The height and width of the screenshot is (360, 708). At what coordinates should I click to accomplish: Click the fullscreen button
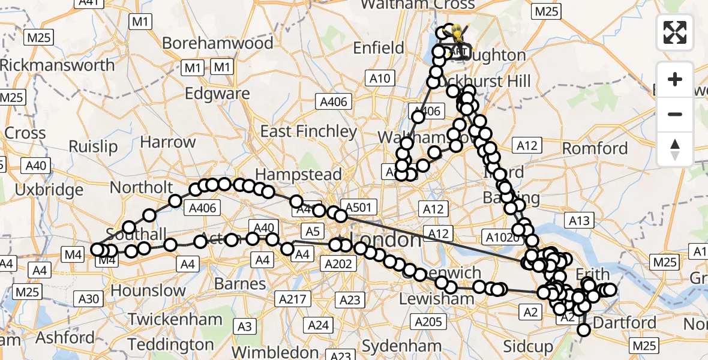(675, 32)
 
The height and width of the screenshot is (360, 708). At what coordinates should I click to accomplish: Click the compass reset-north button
(675, 149)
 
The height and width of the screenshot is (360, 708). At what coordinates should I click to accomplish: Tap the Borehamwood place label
(218, 43)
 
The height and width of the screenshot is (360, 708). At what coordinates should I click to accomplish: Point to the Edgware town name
(217, 94)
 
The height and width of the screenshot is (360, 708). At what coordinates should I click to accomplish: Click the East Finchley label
(308, 131)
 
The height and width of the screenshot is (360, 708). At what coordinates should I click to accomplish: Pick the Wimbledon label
(275, 352)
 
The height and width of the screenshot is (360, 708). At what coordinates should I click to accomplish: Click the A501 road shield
(358, 208)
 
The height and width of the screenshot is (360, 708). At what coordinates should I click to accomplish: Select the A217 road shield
(292, 299)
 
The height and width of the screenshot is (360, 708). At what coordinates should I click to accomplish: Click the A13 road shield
(579, 221)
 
